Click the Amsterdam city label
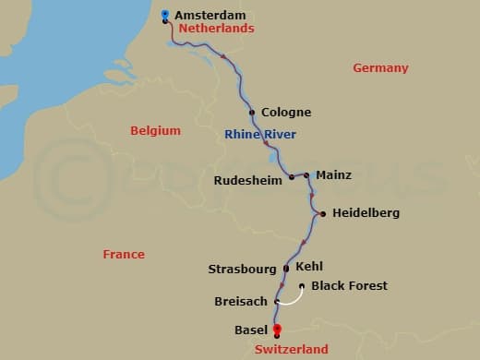click(211, 15)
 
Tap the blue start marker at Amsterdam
click(165, 15)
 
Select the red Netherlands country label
click(216, 29)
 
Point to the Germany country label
click(380, 68)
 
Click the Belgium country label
click(155, 130)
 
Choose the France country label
click(124, 254)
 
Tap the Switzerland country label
click(292, 350)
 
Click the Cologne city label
click(286, 113)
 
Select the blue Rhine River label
click(260, 135)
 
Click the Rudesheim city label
click(247, 181)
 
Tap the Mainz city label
click(333, 174)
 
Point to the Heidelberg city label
click(366, 213)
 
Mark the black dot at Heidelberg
click(323, 214)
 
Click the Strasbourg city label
click(242, 270)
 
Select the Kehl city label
click(309, 266)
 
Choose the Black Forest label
click(350, 286)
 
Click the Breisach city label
click(240, 302)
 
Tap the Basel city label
click(252, 330)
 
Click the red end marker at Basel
click(277, 330)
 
